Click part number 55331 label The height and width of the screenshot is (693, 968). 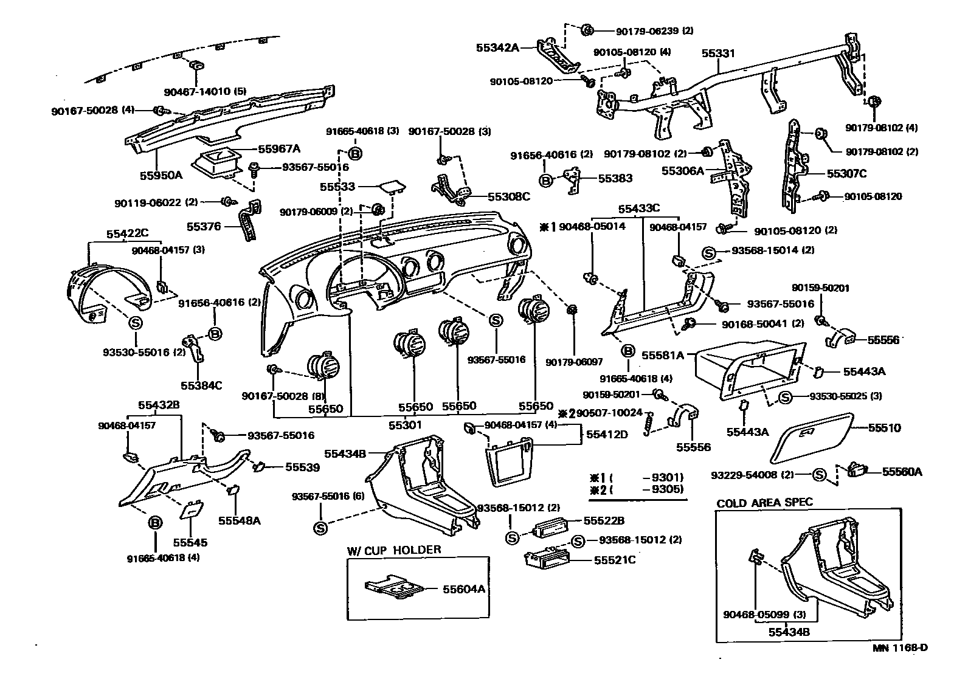coord(718,53)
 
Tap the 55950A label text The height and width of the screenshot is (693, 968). coord(161,175)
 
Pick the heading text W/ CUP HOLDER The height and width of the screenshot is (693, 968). coord(394,550)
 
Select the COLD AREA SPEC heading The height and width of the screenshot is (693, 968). coord(764,503)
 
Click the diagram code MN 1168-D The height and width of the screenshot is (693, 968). coord(901,648)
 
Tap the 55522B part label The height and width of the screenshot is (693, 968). coord(604,521)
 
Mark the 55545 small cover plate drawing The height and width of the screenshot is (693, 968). coord(192,509)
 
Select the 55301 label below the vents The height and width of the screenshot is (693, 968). coord(406,426)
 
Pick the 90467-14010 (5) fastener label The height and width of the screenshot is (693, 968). coord(205,92)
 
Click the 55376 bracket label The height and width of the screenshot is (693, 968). coord(204,227)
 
